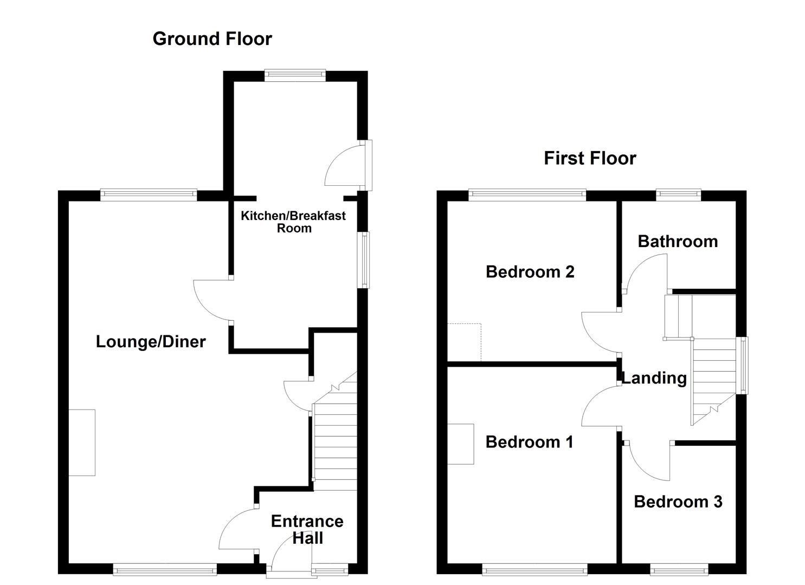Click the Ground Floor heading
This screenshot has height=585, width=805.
click(212, 39)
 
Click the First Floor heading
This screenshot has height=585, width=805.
click(590, 158)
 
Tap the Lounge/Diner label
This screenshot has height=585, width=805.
click(151, 342)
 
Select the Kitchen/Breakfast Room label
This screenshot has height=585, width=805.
click(293, 222)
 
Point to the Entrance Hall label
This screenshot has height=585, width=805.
click(307, 529)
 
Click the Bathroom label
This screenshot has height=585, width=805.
click(678, 241)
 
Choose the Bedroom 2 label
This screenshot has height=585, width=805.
click(530, 271)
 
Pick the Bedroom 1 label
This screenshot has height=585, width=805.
click(529, 442)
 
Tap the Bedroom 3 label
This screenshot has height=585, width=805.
click(678, 502)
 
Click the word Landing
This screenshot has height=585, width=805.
click(654, 378)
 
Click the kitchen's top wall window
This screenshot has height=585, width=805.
click(295, 76)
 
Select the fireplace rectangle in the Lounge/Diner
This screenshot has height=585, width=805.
click(82, 443)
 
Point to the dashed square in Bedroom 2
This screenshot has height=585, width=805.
click(465, 342)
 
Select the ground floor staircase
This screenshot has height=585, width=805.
click(335, 439)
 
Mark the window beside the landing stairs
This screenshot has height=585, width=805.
click(744, 365)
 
